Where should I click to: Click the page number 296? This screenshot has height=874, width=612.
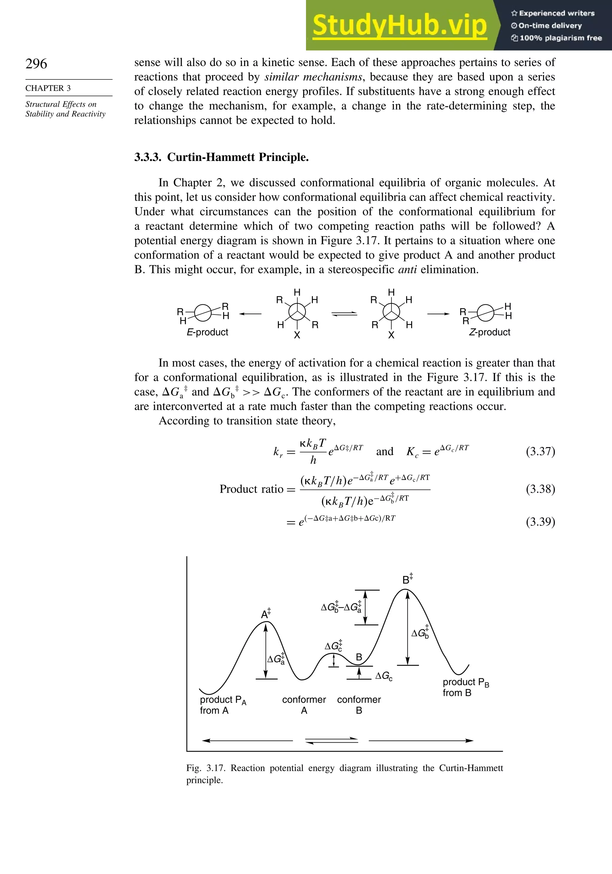click(x=36, y=64)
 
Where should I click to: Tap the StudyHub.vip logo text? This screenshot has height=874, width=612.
click(x=400, y=25)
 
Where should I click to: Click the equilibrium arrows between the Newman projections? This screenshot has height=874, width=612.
click(x=344, y=314)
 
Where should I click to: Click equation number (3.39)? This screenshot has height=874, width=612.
click(x=540, y=521)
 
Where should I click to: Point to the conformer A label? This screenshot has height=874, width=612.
click(x=304, y=705)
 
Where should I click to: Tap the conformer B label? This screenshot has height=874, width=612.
click(x=359, y=705)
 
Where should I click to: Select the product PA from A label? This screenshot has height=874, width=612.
click(x=223, y=705)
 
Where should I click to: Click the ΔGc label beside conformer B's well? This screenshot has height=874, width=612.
click(x=383, y=676)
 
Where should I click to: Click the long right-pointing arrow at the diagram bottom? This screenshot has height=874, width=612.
click(x=421, y=740)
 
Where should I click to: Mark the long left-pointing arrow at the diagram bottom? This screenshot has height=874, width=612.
click(x=247, y=740)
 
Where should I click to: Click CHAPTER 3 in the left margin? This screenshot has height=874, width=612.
click(x=48, y=88)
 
